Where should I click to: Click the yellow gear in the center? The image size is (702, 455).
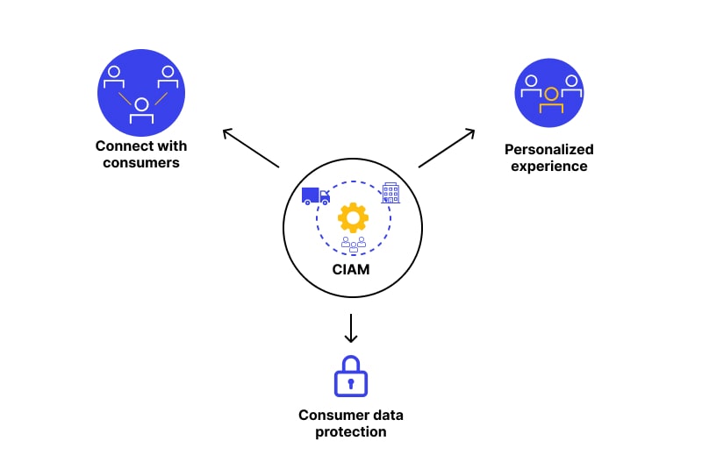353,217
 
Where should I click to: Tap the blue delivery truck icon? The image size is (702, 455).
315,196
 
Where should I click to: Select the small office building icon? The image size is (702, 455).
390,193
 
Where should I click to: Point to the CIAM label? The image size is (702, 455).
351,269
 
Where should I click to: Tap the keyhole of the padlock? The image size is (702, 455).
351,383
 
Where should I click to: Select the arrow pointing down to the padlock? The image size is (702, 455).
351,328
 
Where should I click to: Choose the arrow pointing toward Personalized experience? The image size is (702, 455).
447,147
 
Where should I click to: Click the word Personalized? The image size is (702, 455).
549,149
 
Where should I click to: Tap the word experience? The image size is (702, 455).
549,166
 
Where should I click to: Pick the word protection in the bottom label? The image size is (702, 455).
351,431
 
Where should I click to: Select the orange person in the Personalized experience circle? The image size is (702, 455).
550,96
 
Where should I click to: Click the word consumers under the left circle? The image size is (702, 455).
141,162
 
